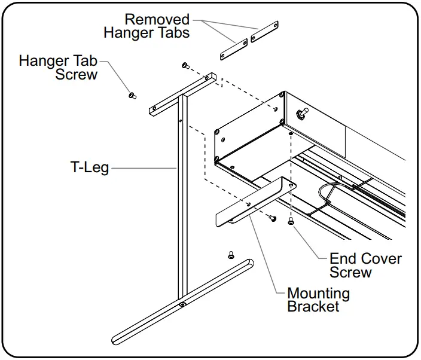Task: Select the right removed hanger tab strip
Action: pos(265,33)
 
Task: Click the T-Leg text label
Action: pos(89,167)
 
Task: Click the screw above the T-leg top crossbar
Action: pos(185,65)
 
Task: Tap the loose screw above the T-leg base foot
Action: pos(231,255)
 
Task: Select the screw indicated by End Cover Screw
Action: pos(291,222)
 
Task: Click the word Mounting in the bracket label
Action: pos(318,294)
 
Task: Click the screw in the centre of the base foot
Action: pos(182,304)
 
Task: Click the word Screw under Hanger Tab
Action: pos(76,75)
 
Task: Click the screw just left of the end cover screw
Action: pos(273,218)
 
